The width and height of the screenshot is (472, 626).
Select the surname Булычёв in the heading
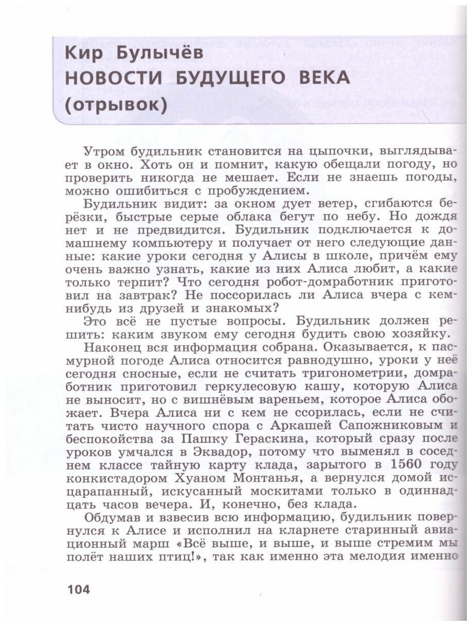pyautogui.click(x=159, y=53)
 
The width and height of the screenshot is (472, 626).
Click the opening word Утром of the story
pyautogui.click(x=102, y=151)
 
